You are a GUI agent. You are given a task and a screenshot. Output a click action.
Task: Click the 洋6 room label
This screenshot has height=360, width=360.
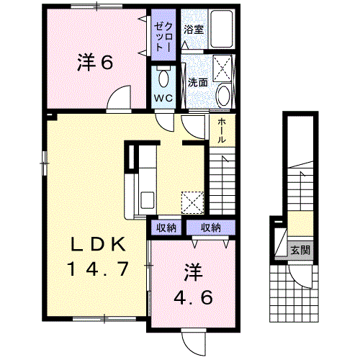point(95,63)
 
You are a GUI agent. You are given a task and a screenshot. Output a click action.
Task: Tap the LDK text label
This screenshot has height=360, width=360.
point(99,245)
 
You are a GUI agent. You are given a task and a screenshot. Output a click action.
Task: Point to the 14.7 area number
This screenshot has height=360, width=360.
point(99,269)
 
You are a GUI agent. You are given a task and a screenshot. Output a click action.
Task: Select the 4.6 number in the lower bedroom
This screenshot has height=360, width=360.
point(193,297)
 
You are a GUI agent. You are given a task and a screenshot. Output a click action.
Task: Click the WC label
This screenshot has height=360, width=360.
point(163,98)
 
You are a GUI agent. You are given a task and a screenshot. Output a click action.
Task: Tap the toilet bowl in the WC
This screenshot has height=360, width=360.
point(164,78)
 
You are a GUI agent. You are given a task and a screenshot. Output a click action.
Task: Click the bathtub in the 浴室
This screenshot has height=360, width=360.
point(222,29)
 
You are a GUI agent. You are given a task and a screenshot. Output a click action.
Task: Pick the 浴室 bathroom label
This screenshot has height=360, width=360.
point(194,30)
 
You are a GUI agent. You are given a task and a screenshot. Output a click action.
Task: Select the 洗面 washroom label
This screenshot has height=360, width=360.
point(198,83)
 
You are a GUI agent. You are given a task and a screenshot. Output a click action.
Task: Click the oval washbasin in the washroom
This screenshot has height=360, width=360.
point(224,96)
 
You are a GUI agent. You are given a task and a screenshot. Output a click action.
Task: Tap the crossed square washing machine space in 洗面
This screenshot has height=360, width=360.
point(222,68)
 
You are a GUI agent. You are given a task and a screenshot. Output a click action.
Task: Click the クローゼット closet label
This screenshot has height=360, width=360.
point(163,37)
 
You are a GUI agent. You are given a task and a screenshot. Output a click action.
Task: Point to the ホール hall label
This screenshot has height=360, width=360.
point(222,131)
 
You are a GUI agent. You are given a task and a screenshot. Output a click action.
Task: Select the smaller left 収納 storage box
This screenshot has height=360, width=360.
point(166,228)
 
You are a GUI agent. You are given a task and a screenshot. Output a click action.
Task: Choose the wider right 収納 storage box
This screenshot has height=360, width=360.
point(211,228)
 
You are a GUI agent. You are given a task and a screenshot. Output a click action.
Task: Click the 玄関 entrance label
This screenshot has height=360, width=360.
point(300,251)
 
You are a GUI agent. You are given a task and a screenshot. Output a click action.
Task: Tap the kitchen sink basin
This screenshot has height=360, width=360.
point(147,200)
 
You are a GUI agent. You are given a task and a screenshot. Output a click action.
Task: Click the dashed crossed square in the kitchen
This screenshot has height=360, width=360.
point(193,202)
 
